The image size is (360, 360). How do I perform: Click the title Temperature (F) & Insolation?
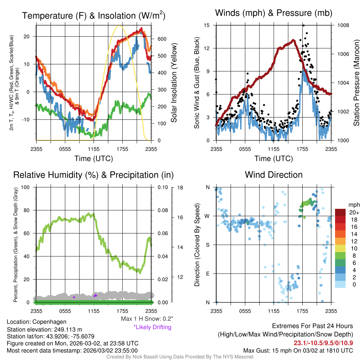click(94, 16)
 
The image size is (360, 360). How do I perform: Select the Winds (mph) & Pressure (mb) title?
click(274, 13)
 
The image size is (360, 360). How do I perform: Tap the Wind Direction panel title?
click(274, 175)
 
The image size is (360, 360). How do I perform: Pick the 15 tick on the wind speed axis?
click(207, 25)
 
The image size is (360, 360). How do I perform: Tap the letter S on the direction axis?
click(207, 245)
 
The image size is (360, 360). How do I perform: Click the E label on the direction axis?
click(207, 274)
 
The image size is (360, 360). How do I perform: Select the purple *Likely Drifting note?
click(152, 327)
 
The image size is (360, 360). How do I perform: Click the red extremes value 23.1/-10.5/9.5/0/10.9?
click(323, 343)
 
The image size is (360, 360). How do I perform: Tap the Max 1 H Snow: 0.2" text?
click(147, 319)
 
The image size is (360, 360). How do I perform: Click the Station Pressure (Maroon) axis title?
click(356, 83)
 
